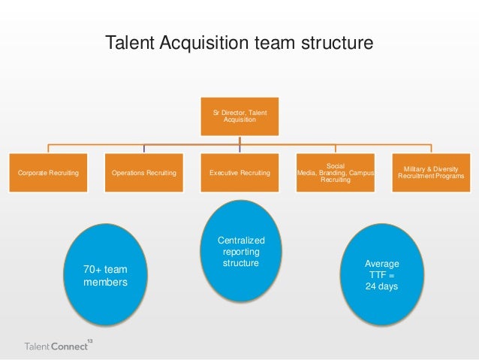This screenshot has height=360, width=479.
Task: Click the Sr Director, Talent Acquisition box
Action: pos(239,116)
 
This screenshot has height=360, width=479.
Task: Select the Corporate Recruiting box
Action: pos(48,173)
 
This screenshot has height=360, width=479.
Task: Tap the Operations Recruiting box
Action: pos(143,173)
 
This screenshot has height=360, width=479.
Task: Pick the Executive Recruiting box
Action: pos(239,173)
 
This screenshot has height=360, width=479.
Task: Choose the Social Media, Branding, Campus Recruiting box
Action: pos(335,173)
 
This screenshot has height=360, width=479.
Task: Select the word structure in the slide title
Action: pos(332,44)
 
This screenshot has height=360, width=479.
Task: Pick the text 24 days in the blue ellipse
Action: pos(381,287)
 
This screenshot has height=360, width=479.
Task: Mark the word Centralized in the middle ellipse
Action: pos(241,241)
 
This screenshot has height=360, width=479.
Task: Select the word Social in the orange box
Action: pos(335,165)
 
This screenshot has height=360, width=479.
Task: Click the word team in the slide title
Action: pos(270,44)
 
